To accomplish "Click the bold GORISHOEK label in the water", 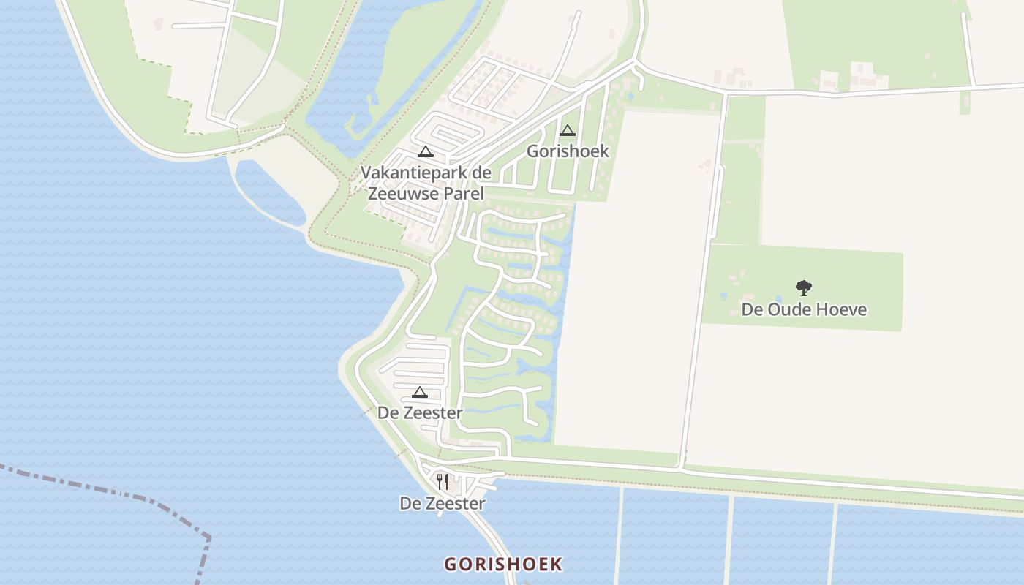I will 503,564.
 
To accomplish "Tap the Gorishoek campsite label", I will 568,151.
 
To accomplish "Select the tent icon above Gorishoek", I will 567,131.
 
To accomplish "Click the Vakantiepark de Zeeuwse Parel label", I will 426,184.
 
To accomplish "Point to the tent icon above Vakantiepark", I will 425,151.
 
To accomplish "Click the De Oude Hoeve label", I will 804,309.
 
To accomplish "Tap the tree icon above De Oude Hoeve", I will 804,288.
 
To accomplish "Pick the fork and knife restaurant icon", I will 442,481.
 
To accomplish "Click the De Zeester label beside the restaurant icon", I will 442,503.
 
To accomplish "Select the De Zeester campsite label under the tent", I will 420,413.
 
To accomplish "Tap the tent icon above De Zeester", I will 419,392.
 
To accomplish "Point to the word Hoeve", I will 842,309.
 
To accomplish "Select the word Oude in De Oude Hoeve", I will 789,309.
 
